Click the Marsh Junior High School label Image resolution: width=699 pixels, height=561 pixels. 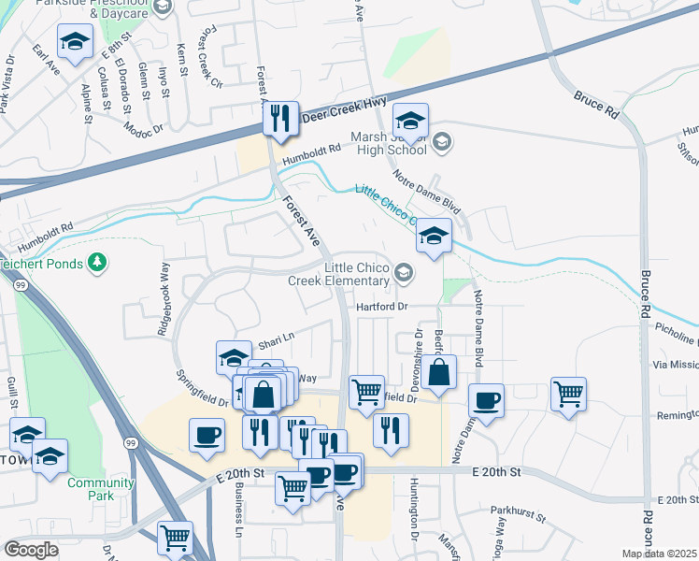coord(389,144)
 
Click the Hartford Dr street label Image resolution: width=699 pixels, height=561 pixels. coord(382,307)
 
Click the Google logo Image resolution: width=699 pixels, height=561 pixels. coord(31,550)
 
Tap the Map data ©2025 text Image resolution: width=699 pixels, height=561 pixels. coord(659,554)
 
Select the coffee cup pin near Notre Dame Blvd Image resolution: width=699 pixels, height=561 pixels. coord(485,400)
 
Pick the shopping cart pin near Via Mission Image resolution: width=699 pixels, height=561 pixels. coord(568,394)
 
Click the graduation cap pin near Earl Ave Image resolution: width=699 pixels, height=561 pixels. coord(75,40)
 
